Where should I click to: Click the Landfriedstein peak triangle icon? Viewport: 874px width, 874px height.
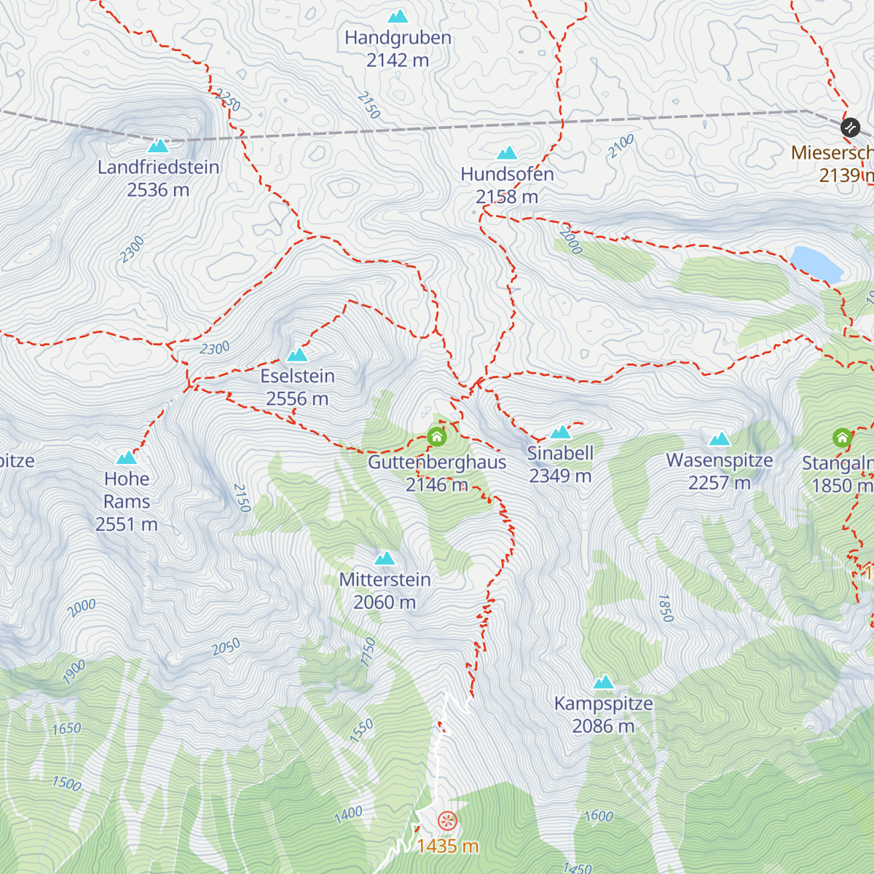pos(158,146)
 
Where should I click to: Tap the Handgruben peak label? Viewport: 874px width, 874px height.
pos(398,38)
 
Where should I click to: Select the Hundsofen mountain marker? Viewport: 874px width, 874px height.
pos(507,153)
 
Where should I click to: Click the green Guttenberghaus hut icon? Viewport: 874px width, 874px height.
pos(436,436)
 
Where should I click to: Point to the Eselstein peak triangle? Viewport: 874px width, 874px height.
pos(297,355)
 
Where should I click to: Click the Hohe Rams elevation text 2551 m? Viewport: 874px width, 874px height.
pos(126,524)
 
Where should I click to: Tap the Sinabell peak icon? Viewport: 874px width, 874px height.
pos(560,432)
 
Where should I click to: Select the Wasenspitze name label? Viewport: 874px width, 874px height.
pos(719,460)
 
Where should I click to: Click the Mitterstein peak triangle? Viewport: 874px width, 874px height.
pos(385,559)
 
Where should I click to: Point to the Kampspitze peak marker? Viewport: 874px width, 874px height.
pos(603,682)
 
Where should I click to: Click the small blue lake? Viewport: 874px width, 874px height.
pos(816,262)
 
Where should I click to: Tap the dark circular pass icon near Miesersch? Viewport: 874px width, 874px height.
pos(850,127)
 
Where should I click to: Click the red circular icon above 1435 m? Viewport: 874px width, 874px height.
pos(447,821)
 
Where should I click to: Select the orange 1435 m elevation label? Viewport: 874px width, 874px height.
pos(447,846)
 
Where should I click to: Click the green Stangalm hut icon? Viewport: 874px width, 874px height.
pos(843,438)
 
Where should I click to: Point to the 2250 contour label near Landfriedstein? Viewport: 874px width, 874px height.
pos(227,100)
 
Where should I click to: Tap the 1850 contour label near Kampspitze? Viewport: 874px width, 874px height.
pos(665,608)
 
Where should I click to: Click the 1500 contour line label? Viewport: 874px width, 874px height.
pos(66,784)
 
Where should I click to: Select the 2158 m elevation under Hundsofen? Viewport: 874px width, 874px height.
pos(507,197)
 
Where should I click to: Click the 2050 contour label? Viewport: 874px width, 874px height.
pos(226,647)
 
